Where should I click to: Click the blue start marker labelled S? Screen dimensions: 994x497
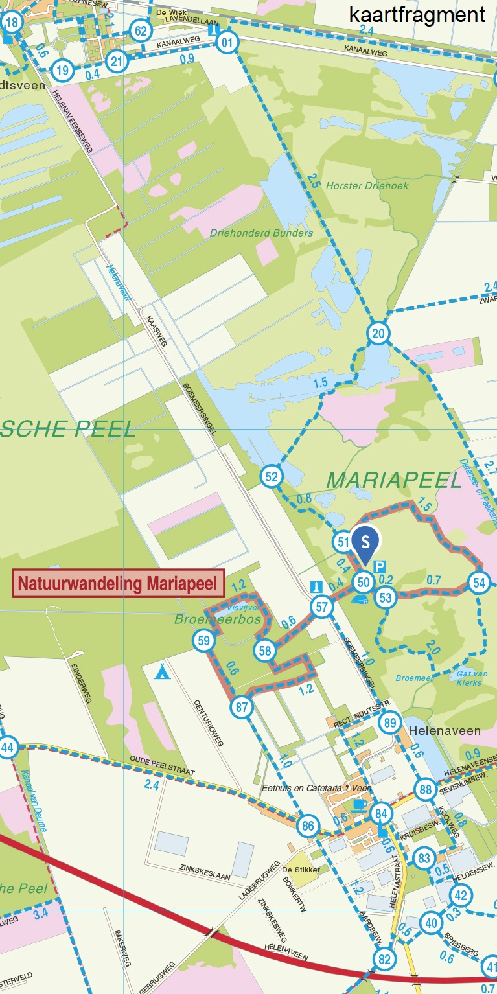365,542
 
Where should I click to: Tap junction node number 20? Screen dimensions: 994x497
378,334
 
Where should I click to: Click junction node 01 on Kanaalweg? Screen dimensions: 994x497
227,43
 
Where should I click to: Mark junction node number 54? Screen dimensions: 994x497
479,582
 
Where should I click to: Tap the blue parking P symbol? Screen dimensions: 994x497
379,566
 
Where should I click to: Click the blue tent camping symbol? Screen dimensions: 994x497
162,671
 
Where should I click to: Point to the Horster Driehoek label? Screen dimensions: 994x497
367,186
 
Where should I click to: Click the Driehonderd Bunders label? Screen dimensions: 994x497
261,233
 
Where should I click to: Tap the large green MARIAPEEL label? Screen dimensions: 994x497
394,480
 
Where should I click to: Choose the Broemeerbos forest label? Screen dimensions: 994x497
218,619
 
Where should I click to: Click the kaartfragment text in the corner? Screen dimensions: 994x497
417,15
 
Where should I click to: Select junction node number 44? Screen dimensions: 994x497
7,747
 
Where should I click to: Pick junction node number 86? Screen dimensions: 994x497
308,826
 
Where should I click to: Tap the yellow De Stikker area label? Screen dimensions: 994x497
301,870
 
